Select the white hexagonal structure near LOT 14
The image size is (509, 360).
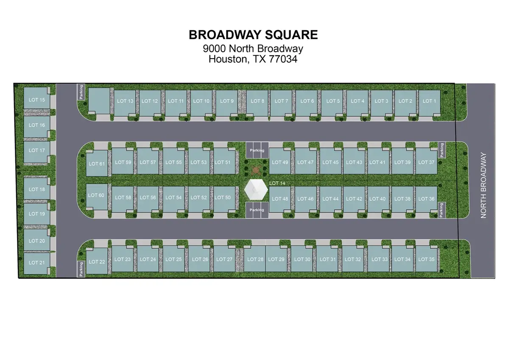click(256, 190)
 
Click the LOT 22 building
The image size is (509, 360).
click(97, 262)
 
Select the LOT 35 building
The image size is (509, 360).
click(426, 259)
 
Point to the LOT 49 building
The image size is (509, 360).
click(280, 162)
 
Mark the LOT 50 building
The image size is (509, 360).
click(223, 198)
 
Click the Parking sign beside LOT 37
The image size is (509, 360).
click(442, 150)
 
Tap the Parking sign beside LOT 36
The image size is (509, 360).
click(442, 210)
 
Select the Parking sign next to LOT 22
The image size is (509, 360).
click(81, 269)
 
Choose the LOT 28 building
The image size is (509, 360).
click(255, 259)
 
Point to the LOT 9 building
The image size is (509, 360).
click(227, 102)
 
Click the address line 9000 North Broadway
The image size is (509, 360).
click(254, 49)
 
